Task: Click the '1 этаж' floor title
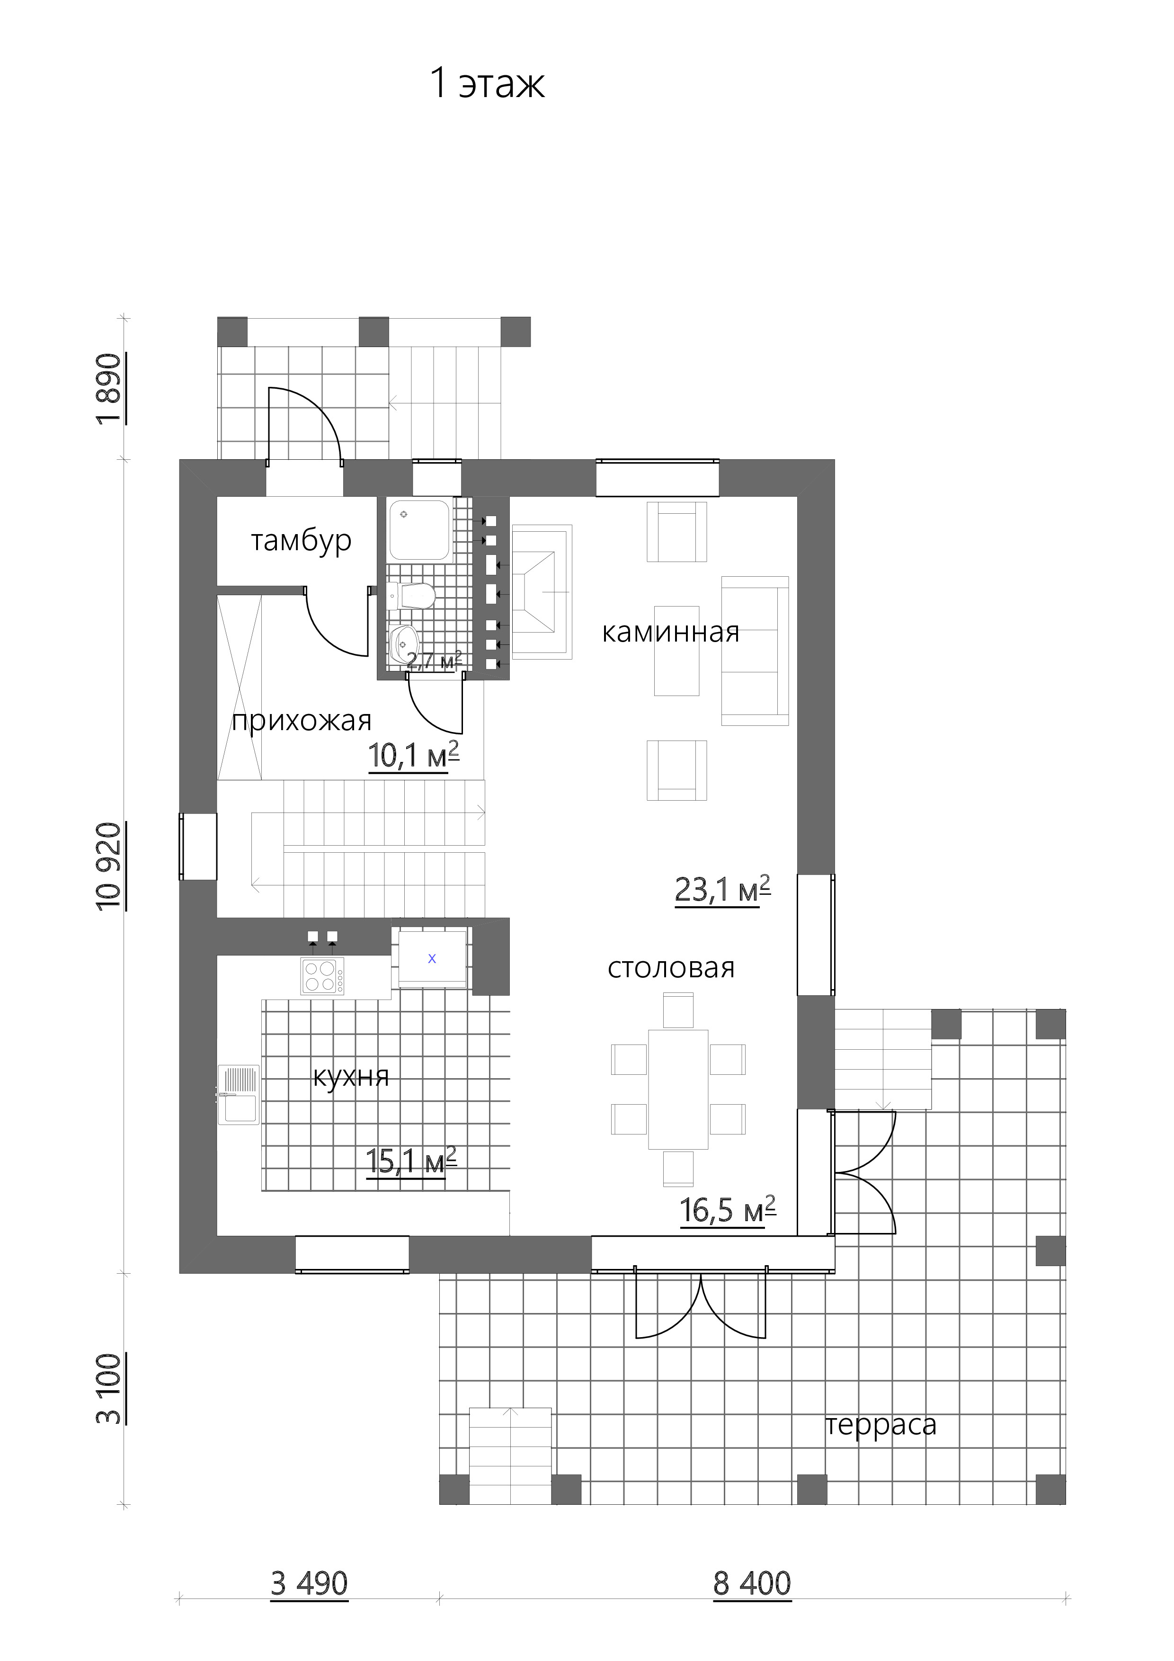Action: click(487, 83)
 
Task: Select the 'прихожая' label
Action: click(302, 721)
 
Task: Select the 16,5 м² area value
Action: click(728, 1210)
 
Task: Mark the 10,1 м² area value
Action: click(414, 755)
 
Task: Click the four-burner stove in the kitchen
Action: click(323, 976)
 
